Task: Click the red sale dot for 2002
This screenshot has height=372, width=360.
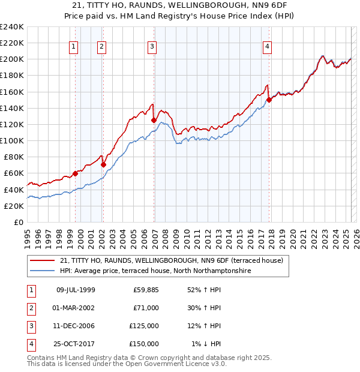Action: pyautogui.click(x=103, y=164)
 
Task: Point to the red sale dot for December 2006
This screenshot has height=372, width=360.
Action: pyautogui.click(x=154, y=120)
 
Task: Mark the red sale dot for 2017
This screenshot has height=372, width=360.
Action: pyautogui.click(x=269, y=100)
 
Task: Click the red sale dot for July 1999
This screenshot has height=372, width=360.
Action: pyautogui.click(x=76, y=173)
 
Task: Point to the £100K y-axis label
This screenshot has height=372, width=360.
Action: pyautogui.click(x=12, y=140)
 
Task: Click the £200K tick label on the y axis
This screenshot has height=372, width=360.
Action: pyautogui.click(x=12, y=59)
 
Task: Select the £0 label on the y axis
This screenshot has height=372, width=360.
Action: pyautogui.click(x=18, y=222)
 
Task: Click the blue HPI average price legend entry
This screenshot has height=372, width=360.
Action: pyautogui.click(x=155, y=271)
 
